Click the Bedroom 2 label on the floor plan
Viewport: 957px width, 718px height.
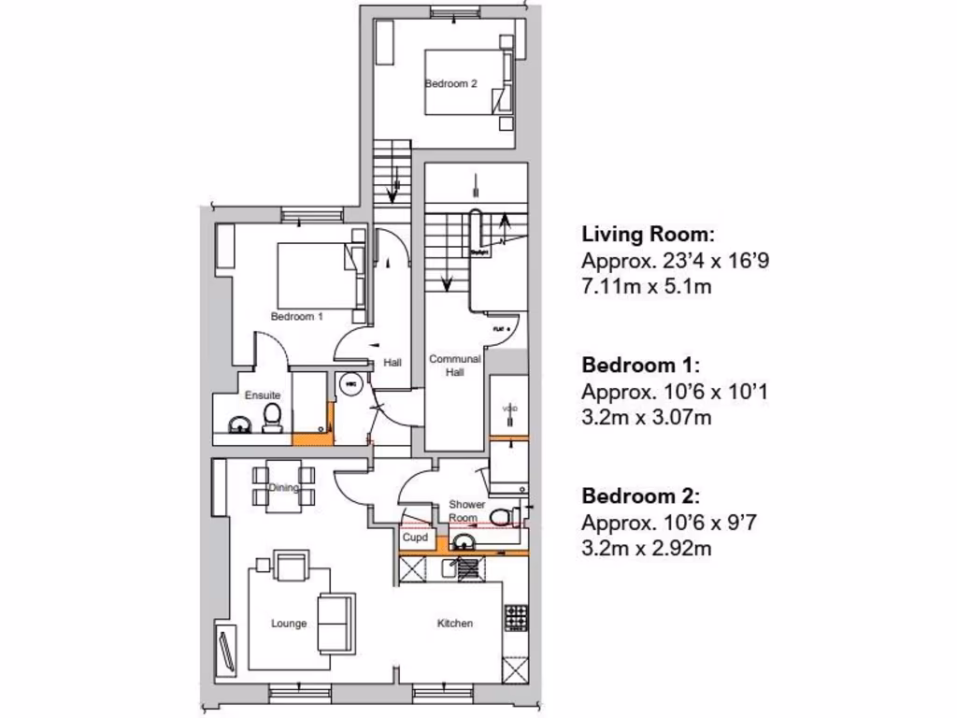(x=451, y=83)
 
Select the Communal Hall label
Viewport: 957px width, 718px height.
(x=454, y=365)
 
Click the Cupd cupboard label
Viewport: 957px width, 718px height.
(x=415, y=538)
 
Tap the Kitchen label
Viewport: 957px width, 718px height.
(x=455, y=624)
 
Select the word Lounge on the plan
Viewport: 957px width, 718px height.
(x=289, y=624)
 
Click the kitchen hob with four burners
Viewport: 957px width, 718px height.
(x=516, y=617)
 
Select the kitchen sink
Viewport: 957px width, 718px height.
(x=464, y=567)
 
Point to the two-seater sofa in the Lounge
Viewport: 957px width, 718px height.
(x=336, y=622)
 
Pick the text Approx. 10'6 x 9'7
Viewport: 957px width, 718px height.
(x=667, y=522)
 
